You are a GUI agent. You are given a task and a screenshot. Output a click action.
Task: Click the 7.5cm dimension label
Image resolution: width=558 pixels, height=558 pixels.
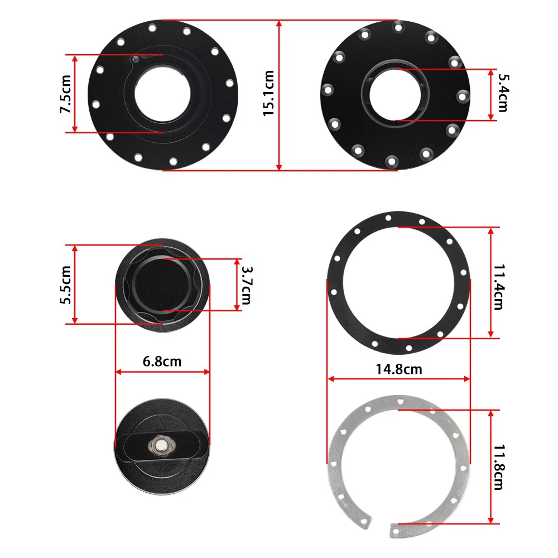pos(66,94)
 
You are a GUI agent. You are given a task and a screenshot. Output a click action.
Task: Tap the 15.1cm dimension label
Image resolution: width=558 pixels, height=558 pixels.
pos(269,93)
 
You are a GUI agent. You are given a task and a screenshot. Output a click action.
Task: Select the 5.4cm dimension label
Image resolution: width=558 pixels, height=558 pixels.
pos(503,93)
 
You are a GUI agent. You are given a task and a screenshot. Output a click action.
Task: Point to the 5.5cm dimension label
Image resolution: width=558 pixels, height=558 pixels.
pos(66,285)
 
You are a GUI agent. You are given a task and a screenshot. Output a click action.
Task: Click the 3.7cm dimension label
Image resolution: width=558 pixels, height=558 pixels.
pos(246,285)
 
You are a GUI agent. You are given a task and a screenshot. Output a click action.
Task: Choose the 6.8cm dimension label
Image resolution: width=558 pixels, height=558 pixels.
pos(162,362)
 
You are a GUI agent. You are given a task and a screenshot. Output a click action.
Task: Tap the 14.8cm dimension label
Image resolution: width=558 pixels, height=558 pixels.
pos(399,369)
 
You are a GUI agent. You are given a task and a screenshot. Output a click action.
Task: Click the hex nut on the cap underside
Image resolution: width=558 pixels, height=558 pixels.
pos(162,445)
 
